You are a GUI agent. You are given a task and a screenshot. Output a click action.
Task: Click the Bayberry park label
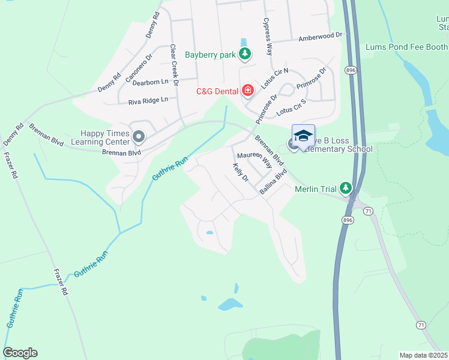point(209,55)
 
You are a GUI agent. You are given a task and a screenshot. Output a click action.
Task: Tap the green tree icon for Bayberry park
point(244,55)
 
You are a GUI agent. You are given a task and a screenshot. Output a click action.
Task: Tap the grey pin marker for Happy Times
point(139,137)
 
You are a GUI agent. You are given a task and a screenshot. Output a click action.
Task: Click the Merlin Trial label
point(316,189)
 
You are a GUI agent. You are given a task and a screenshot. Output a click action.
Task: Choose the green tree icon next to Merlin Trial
point(345,188)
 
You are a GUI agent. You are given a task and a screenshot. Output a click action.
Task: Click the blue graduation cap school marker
point(303,136)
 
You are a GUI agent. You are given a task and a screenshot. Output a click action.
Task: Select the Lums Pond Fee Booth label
point(406,46)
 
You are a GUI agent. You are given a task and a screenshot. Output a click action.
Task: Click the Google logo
point(20,353)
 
